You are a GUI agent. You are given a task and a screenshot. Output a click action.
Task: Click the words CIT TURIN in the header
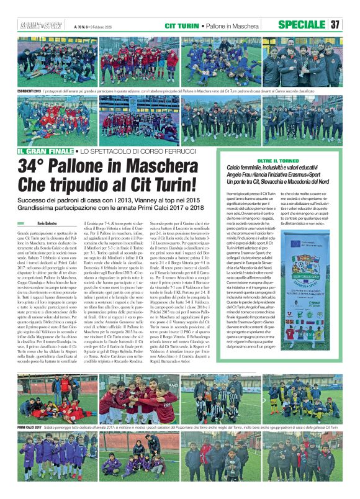pos(182,25)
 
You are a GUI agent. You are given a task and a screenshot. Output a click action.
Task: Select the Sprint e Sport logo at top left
pos(35,25)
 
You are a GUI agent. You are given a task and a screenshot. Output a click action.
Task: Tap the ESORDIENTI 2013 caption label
pos(30,91)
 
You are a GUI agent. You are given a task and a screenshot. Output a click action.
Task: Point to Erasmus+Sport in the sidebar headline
pos(312,175)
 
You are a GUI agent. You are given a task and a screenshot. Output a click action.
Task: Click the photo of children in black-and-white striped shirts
pos(217,400)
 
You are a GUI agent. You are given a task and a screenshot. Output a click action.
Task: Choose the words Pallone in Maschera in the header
pos(238,25)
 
